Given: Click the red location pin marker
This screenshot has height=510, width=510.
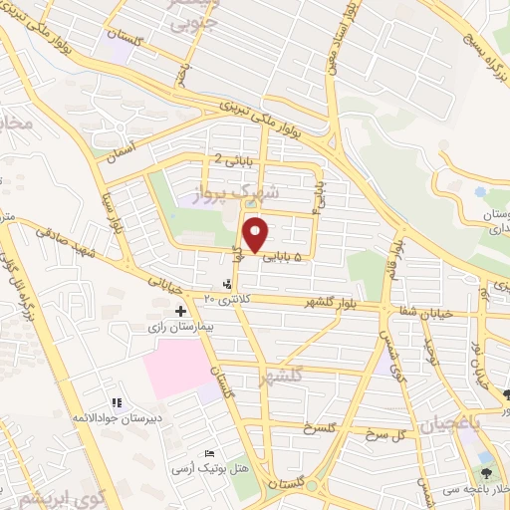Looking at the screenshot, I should click(256, 234).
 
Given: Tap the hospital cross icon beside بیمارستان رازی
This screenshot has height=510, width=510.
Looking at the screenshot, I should click(180, 312).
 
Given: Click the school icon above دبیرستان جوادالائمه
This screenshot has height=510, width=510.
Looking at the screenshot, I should click(117, 403).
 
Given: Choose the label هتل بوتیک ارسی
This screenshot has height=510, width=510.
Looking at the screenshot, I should click(199, 467).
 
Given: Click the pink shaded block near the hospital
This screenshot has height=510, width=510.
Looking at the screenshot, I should click(179, 368).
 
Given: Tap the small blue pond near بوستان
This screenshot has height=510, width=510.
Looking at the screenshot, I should click(482, 192).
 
